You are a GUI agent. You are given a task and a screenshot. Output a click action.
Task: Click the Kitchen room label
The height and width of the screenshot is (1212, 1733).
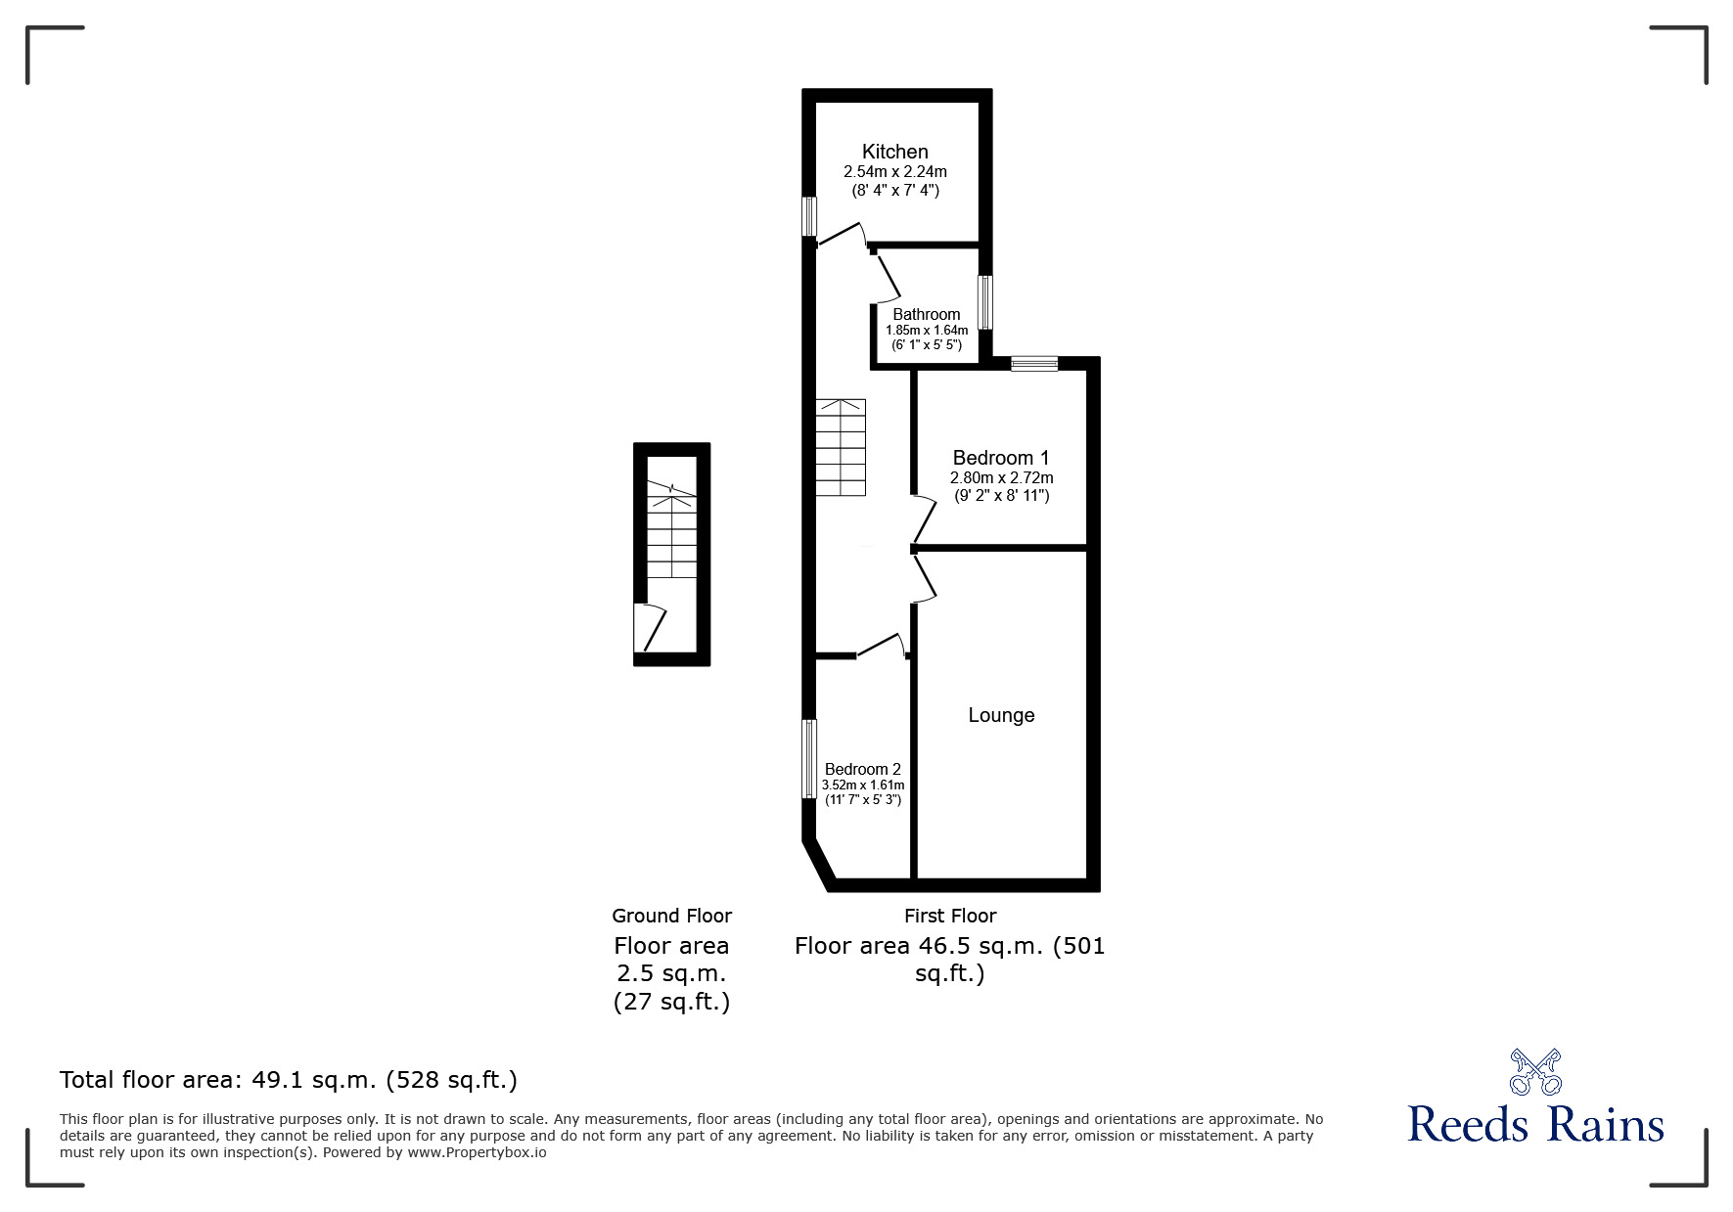(x=894, y=152)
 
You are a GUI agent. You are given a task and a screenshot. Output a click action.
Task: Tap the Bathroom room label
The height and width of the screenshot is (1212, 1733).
(x=927, y=315)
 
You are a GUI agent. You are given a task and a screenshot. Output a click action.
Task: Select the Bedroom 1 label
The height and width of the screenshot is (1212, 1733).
(x=1001, y=458)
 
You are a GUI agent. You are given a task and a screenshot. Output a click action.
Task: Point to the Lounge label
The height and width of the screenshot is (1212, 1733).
(x=1001, y=715)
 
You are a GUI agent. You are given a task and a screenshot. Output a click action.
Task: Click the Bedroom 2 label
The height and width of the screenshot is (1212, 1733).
(x=863, y=770)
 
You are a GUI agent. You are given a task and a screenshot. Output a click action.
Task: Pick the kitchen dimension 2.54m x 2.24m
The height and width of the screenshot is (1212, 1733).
(x=895, y=172)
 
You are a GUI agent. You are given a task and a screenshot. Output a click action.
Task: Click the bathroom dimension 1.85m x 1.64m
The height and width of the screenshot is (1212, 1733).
(x=927, y=331)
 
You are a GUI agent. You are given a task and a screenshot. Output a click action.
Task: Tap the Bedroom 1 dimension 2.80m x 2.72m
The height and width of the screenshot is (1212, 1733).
(x=1002, y=478)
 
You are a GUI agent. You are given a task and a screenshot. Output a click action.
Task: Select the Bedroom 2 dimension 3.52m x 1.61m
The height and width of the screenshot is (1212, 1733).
(x=863, y=785)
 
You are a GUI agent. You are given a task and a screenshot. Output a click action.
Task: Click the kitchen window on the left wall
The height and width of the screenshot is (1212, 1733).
(x=809, y=216)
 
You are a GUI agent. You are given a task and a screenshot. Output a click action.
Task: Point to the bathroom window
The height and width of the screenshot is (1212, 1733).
(x=986, y=302)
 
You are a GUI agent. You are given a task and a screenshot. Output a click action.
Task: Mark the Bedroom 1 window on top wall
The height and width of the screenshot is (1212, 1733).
(x=1034, y=364)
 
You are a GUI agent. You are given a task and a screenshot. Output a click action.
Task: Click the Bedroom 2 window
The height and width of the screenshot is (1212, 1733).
(x=809, y=759)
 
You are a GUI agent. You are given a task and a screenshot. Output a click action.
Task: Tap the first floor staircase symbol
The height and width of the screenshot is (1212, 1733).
(x=842, y=447)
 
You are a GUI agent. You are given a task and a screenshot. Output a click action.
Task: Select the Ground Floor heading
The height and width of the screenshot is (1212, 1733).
(x=672, y=916)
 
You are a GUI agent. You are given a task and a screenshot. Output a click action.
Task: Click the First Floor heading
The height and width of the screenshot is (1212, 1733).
(x=950, y=916)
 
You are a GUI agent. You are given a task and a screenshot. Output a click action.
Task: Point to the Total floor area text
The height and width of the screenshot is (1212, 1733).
(x=289, y=1080)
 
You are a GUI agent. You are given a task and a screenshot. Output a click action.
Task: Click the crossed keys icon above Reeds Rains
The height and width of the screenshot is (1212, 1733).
(x=1535, y=1071)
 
